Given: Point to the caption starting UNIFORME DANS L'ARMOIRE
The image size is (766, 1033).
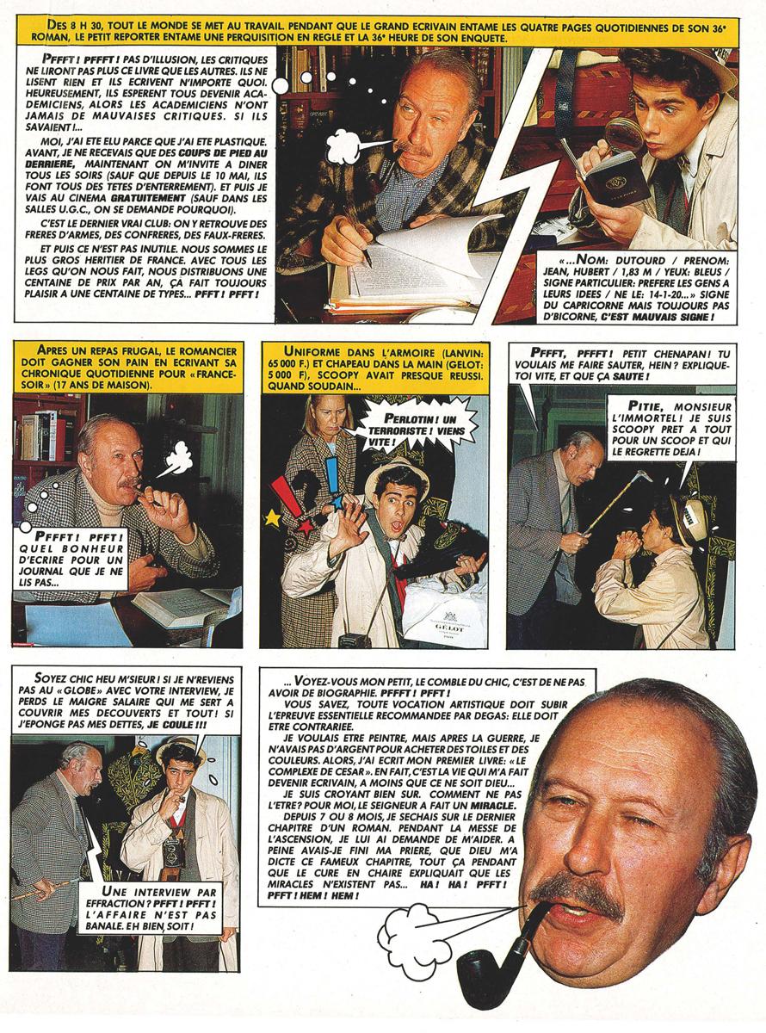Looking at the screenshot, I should (374, 367).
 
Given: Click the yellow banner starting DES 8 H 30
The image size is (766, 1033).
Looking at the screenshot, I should (382, 32).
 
